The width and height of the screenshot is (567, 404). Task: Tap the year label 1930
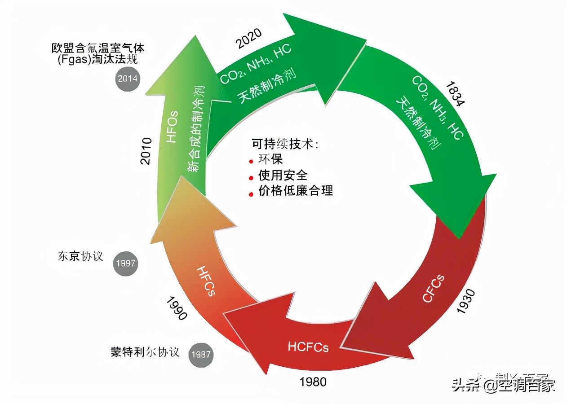tap(465, 301)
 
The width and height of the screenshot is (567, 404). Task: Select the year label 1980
tap(313, 382)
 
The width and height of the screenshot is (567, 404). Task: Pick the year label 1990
tap(176, 308)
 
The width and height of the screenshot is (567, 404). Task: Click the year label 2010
tap(146, 151)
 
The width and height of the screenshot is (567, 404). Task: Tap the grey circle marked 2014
tap(128, 78)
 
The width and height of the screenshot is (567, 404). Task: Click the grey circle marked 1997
tap(125, 263)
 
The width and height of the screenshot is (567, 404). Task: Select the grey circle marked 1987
tap(200, 354)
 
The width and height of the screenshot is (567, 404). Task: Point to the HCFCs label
tap(308, 347)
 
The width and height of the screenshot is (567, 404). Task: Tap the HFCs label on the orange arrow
tap(206, 281)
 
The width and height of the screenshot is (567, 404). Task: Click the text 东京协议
tap(81, 256)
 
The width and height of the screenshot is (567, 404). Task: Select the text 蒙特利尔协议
tap(145, 351)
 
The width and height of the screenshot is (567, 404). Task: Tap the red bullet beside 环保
tap(251, 161)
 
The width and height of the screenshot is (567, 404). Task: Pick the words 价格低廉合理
tap(296, 190)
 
